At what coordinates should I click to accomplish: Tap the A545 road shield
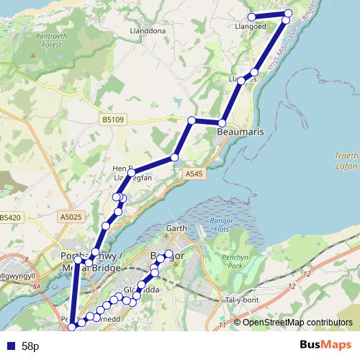click(x=194, y=174)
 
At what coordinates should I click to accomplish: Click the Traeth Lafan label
click(x=346, y=160)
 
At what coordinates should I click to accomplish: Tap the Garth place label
click(x=176, y=229)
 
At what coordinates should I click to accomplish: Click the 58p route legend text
click(x=30, y=346)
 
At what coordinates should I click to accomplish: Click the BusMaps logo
click(x=326, y=346)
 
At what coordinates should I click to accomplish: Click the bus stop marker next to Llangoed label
click(x=252, y=17)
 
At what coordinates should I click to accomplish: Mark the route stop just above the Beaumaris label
click(x=223, y=122)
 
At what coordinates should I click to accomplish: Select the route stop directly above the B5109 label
click(x=192, y=120)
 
